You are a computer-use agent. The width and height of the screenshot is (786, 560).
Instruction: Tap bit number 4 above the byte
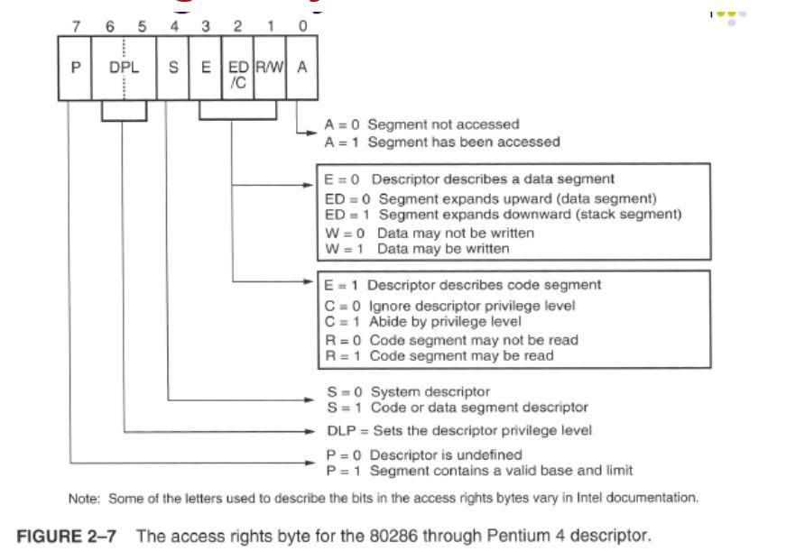(171, 24)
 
